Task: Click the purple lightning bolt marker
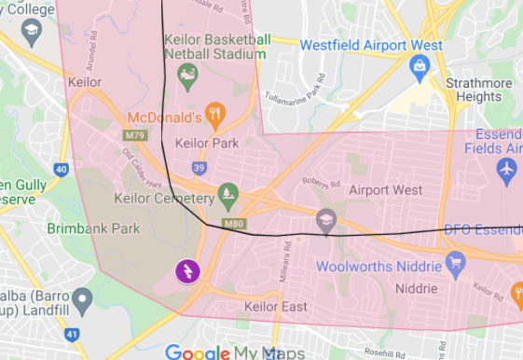click(187, 271)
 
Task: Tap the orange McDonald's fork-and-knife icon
click(215, 117)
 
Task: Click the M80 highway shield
click(234, 224)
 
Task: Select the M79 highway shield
click(135, 135)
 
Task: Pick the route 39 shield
click(199, 168)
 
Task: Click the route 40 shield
click(62, 169)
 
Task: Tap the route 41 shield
click(72, 334)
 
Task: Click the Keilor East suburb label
click(275, 307)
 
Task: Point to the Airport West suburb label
click(385, 190)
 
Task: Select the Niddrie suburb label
click(417, 289)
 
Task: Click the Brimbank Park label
click(93, 228)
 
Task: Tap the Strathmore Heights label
click(478, 90)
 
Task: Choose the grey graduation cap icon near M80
click(325, 221)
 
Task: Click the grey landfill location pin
click(82, 298)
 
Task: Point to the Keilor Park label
click(207, 144)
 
